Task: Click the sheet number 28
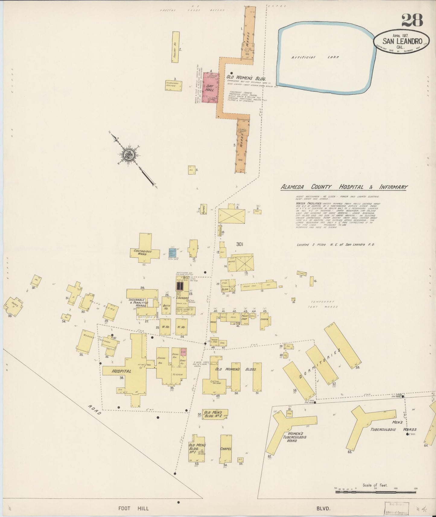[412, 21]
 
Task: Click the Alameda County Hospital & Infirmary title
[344, 187]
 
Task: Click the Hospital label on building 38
[121, 371]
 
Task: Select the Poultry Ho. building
[174, 47]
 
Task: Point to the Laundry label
[183, 298]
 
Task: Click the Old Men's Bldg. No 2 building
[215, 414]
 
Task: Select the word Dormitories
[321, 364]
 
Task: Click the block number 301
[240, 244]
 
